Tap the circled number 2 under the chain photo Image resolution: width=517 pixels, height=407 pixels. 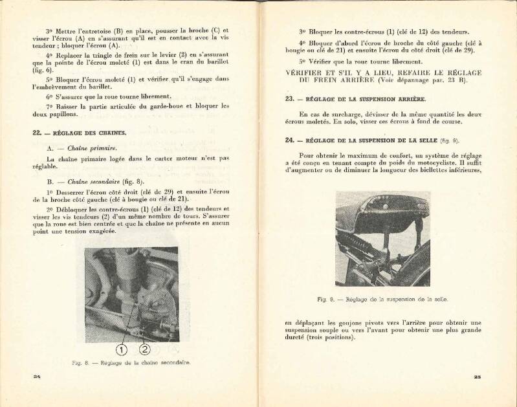coord(144,349)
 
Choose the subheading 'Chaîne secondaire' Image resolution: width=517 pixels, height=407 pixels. coord(91,182)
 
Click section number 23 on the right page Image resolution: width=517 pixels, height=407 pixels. coord(290,99)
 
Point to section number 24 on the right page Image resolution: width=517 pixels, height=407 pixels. coord(290,140)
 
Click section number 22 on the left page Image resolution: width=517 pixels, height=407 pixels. coord(36,133)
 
